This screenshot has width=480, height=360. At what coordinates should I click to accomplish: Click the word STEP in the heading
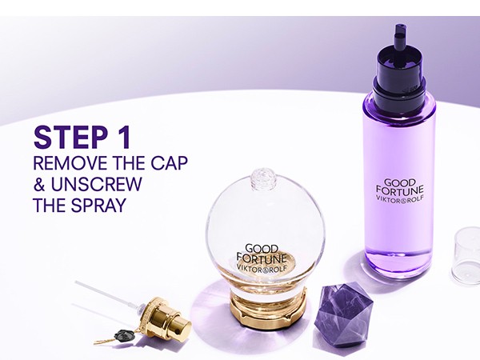coord(69,137)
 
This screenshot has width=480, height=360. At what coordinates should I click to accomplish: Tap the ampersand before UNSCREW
coord(39,185)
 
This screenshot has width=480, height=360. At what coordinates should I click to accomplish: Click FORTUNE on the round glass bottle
coord(262,258)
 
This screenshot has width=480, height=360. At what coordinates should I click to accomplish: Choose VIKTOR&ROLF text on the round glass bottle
coord(262,268)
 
